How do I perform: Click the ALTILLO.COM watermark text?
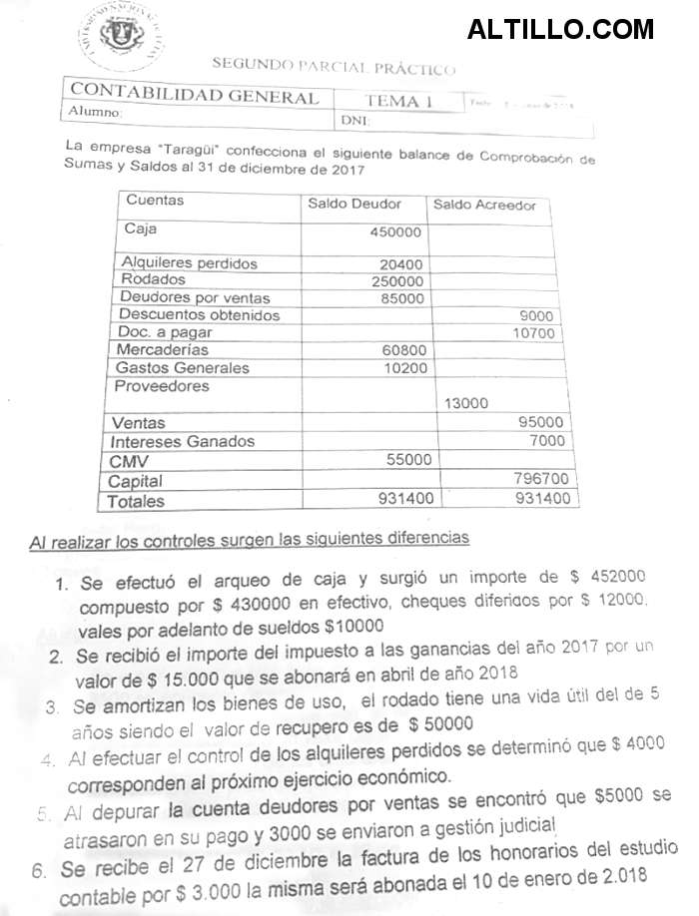[x=560, y=29]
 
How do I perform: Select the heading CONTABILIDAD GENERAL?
[x=195, y=97]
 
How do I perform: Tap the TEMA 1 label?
[x=398, y=101]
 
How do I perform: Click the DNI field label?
[x=355, y=121]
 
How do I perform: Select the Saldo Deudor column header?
[x=354, y=204]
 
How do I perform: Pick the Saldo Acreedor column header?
[x=484, y=206]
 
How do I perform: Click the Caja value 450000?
[x=396, y=232]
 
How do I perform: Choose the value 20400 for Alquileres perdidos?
[x=401, y=264]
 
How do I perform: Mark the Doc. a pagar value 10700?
[x=532, y=333]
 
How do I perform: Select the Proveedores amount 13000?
[x=466, y=403]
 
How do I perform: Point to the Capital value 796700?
[x=540, y=479]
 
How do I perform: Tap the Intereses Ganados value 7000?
[x=546, y=440]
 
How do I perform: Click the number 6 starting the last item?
[x=39, y=869]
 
